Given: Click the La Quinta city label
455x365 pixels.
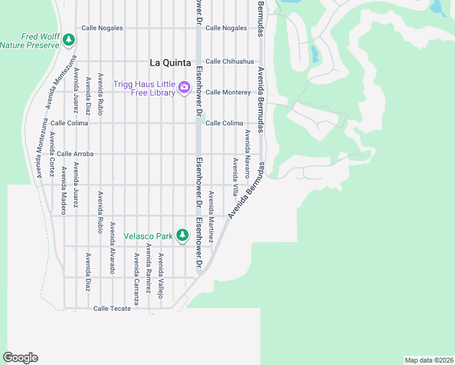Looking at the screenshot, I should click(x=170, y=62).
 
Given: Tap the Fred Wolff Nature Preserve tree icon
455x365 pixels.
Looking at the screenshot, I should click(x=69, y=40).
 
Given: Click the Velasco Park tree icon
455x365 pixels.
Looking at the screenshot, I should click(x=182, y=235).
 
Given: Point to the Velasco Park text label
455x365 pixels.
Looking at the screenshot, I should click(x=148, y=235).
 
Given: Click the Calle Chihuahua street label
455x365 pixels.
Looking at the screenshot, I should click(x=229, y=61).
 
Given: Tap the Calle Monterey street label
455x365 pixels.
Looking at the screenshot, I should click(x=228, y=92).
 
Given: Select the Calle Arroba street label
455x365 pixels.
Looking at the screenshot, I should click(x=75, y=154).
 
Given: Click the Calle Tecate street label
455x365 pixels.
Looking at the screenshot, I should click(x=112, y=308).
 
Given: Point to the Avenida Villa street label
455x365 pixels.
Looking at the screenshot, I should click(x=235, y=176).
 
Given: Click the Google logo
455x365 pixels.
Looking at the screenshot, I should click(x=20, y=358).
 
